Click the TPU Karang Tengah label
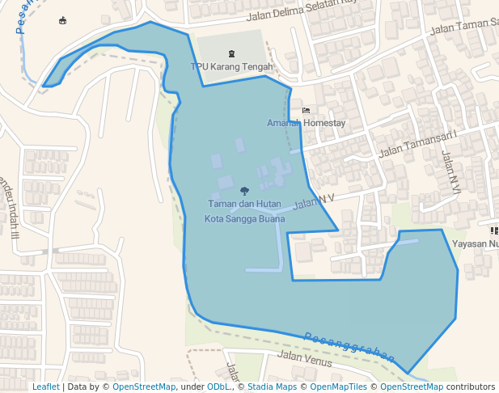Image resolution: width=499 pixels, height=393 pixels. (x=231, y=66)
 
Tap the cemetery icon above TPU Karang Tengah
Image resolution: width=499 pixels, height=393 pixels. (x=231, y=53)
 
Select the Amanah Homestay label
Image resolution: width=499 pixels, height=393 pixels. (x=306, y=123)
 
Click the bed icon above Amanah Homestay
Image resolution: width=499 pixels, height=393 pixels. (x=306, y=110)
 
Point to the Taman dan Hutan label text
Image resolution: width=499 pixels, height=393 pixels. (x=244, y=204)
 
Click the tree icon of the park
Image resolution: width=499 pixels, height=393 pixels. (x=244, y=192)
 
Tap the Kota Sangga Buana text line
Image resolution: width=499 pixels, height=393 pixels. (x=244, y=218)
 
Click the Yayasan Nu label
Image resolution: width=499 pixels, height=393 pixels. (x=476, y=243)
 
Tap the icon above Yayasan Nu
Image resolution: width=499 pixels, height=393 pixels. (x=493, y=230)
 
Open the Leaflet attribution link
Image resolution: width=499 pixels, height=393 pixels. (x=45, y=387)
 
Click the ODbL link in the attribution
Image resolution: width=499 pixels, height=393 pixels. (x=219, y=387)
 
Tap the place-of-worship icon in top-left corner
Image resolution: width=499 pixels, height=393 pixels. (x=63, y=20)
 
